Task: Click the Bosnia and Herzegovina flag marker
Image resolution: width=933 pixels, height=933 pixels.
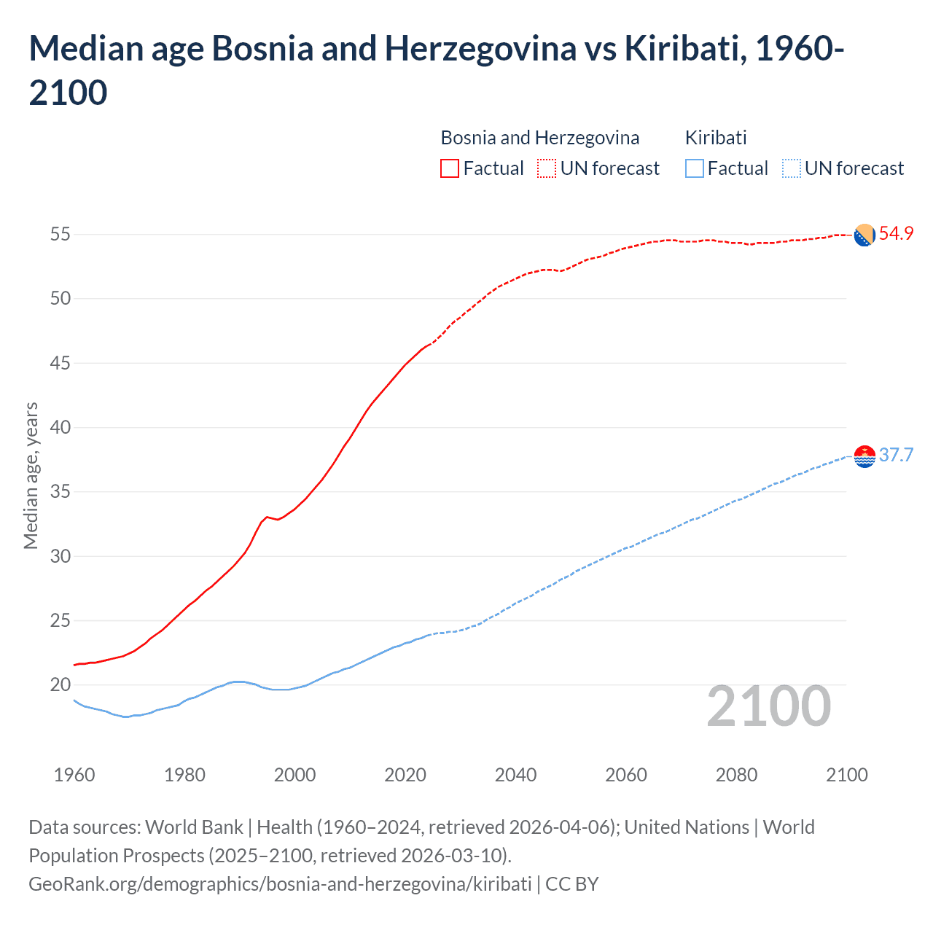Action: tap(864, 235)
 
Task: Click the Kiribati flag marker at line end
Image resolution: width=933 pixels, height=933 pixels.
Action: tap(864, 456)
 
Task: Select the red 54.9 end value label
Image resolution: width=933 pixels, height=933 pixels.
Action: tap(896, 234)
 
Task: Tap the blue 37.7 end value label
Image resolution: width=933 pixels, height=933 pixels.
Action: tap(896, 456)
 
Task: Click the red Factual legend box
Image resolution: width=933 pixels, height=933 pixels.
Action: tap(450, 168)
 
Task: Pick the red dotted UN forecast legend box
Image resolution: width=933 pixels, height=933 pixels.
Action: tap(547, 168)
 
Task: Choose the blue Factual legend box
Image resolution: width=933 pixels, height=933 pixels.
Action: tap(694, 168)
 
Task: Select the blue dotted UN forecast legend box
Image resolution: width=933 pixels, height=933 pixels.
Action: tap(791, 168)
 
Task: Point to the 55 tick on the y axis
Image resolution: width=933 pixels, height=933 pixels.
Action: tap(60, 235)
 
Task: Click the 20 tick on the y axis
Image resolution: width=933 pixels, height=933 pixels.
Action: tap(60, 685)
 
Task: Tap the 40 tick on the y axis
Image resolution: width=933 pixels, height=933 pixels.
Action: tap(60, 428)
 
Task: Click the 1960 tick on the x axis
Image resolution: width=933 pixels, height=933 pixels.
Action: tap(74, 775)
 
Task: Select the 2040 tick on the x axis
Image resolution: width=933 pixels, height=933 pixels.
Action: tap(515, 775)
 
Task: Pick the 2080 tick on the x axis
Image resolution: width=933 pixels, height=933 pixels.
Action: tap(736, 775)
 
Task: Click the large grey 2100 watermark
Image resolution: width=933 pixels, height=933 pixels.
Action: tap(768, 706)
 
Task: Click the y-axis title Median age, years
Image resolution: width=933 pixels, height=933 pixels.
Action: tap(31, 475)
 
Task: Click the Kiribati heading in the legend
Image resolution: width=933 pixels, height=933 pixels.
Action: tap(716, 138)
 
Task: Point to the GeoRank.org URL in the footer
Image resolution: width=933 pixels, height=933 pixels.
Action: tap(280, 884)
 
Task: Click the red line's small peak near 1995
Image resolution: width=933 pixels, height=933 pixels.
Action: tap(267, 517)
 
